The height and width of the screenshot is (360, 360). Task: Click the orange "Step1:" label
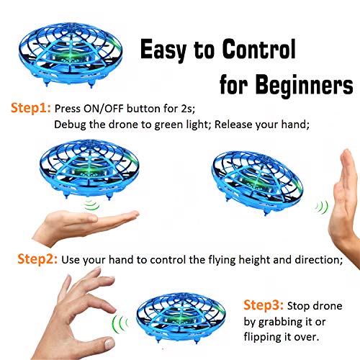30,109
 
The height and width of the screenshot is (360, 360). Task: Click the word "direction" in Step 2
312,259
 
